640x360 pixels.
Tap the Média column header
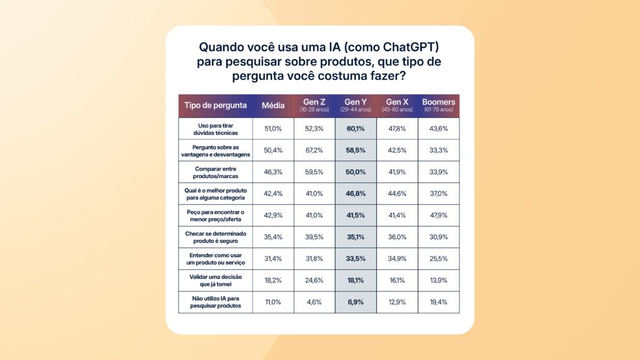click(273, 105)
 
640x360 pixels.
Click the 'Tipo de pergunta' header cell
click(216, 105)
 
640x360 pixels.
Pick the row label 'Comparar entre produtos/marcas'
click(216, 172)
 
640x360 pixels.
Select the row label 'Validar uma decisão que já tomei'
click(216, 281)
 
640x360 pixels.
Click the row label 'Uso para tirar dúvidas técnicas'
click(216, 129)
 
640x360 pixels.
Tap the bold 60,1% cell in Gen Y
click(355, 129)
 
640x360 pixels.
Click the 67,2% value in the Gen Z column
click(314, 150)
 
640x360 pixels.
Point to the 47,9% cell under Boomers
click(438, 216)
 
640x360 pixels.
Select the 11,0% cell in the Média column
click(273, 302)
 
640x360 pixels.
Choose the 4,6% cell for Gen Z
click(314, 302)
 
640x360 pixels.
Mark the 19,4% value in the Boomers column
click(438, 302)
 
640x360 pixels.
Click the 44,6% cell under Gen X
click(396, 194)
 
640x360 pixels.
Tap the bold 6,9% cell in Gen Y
click(355, 302)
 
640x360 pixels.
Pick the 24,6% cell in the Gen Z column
click(314, 281)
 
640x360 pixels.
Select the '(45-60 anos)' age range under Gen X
click(396, 109)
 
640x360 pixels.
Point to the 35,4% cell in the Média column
click(273, 237)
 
